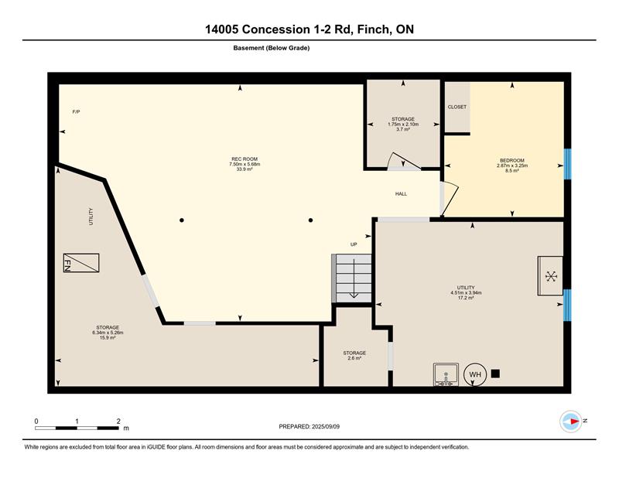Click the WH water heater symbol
(475, 374)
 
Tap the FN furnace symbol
(81, 263)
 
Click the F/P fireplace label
(76, 112)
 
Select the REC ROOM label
(245, 159)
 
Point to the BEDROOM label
(512, 161)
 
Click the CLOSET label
(457, 107)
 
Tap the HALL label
(401, 194)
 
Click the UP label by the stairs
(354, 244)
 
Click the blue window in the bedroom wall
(567, 164)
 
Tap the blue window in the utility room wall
(567, 305)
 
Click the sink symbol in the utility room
(446, 374)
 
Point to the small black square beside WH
(495, 374)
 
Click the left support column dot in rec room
(182, 220)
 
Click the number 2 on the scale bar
(118, 422)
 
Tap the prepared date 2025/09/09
(326, 427)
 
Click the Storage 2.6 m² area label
(354, 356)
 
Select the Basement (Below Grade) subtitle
(272, 48)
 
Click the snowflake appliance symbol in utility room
(551, 276)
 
